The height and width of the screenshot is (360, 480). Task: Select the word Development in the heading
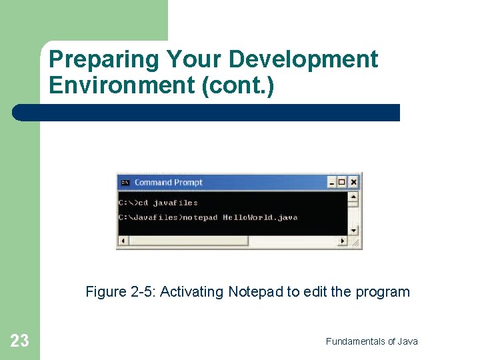[303, 60]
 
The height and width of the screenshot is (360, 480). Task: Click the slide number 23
[20, 341]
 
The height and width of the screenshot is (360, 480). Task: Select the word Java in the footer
[407, 341]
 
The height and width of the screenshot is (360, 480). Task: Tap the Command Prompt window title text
[168, 182]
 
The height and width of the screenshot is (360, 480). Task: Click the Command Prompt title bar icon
[125, 182]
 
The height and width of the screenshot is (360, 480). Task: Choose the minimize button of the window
[332, 182]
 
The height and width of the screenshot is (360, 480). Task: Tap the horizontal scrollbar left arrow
[123, 241]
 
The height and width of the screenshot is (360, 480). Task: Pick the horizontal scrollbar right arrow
[343, 241]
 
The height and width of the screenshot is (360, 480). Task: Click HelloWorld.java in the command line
[260, 218]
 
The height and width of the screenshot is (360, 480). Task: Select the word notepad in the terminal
[200, 218]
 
